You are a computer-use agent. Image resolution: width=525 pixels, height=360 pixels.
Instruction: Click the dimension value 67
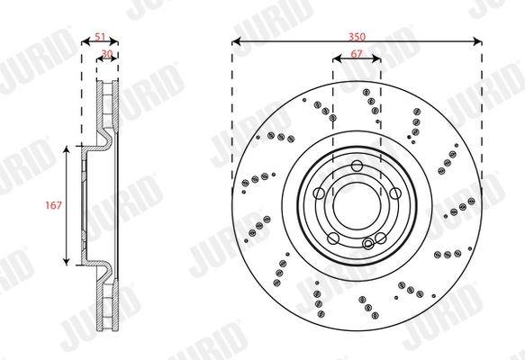click(357, 55)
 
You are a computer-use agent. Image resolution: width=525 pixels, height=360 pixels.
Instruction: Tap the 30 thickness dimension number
click(107, 53)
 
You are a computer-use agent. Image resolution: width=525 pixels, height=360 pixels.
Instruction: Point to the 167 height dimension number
click(53, 206)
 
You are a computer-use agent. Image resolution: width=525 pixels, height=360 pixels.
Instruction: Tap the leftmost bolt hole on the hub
click(319, 192)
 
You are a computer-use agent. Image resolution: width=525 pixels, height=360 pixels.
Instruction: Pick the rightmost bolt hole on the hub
click(394, 192)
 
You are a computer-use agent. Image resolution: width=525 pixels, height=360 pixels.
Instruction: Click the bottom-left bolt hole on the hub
click(333, 238)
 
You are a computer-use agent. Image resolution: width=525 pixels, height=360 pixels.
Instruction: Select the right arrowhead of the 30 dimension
click(117, 61)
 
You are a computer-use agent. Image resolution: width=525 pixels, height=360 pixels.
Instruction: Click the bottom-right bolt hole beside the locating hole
click(380, 238)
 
